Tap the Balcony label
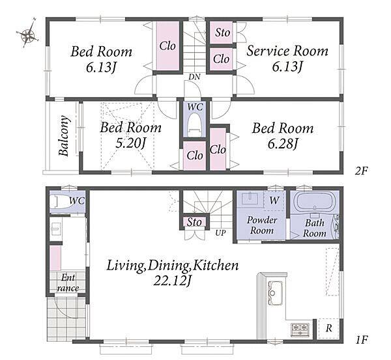pos(64,136)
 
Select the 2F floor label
pos(361,171)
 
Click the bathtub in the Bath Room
pos(315,202)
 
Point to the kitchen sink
pos(275,293)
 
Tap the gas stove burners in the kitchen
pos(300,329)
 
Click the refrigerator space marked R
pos(328,328)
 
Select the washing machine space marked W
pos(274,201)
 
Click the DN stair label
pos(194,77)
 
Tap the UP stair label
pos(220,233)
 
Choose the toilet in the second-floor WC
pos(195,124)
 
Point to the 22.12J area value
pos(172,281)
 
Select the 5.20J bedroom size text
pos(130,143)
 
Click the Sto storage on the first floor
pos(194,222)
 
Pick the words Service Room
pos(287,51)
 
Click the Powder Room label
pos(262,225)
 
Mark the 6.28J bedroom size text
pos(283,143)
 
